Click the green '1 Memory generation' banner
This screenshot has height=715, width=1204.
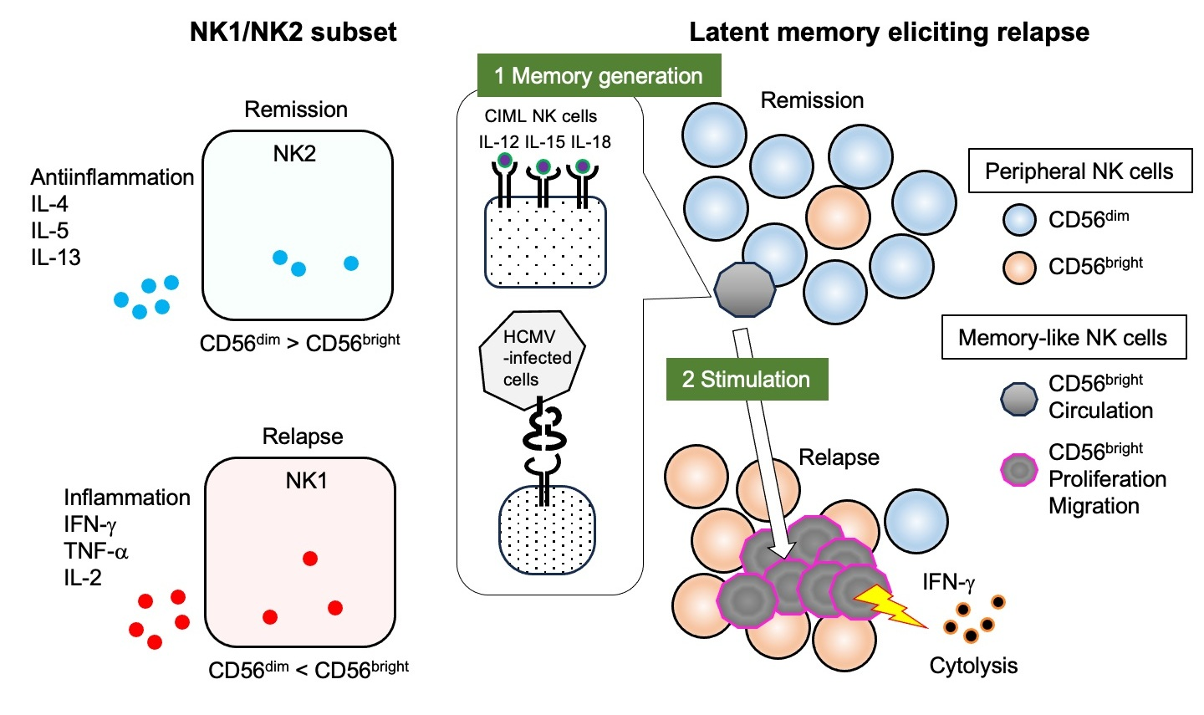pyautogui.click(x=599, y=75)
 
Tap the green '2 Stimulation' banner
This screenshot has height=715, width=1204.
pyautogui.click(x=747, y=379)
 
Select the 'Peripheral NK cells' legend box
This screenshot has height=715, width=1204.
pyautogui.click(x=1080, y=171)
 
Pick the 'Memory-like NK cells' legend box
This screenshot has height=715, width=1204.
pyautogui.click(x=1064, y=337)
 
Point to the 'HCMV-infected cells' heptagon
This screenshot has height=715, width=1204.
pyautogui.click(x=532, y=359)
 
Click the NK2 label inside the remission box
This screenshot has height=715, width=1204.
pyautogui.click(x=294, y=154)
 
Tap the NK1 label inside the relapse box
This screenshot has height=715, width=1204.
pyautogui.click(x=306, y=481)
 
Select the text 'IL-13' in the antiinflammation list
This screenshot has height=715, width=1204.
pyautogui.click(x=56, y=258)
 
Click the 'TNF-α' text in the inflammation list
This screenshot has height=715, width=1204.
pyautogui.click(x=96, y=551)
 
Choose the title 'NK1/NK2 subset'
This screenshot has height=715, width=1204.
pyautogui.click(x=293, y=33)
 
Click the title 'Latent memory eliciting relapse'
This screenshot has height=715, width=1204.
pyautogui.click(x=889, y=33)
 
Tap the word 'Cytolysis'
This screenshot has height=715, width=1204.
pyautogui.click(x=973, y=666)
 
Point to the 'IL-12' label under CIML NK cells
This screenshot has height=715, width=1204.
pyautogui.click(x=499, y=142)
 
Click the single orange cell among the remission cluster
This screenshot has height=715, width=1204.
pyautogui.click(x=838, y=217)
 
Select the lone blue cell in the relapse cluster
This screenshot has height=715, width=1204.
pyautogui.click(x=916, y=521)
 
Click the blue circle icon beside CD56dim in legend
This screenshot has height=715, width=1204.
pyautogui.click(x=1019, y=220)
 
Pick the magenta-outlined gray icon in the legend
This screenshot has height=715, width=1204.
pyautogui.click(x=1019, y=470)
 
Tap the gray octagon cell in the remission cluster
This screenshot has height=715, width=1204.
pyautogui.click(x=744, y=289)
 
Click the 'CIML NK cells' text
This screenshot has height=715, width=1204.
pyautogui.click(x=541, y=116)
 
